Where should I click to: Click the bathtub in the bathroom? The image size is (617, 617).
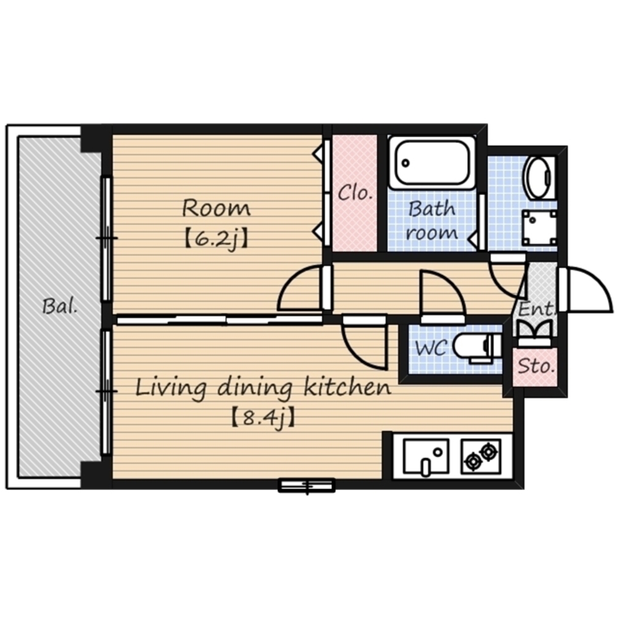coord(432,162)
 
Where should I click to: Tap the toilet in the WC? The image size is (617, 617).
coord(478,347)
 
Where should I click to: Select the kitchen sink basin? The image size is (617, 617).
coord(426,457)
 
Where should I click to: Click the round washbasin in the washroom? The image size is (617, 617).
coord(539,178)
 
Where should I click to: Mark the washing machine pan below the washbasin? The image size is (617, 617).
coord(539,228)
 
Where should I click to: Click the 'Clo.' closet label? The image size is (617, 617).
coord(355,193)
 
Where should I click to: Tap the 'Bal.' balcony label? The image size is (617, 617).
coord(60,306)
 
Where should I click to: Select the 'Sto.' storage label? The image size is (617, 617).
coord(536,366)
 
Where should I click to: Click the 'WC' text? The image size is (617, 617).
coord(431,348)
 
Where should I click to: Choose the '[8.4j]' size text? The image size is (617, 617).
coord(262,419)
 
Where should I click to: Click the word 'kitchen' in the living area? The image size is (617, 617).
coord(347,387)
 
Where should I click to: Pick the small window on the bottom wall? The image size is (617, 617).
coord(307,486)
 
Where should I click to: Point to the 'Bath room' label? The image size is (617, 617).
coord(432,220)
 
